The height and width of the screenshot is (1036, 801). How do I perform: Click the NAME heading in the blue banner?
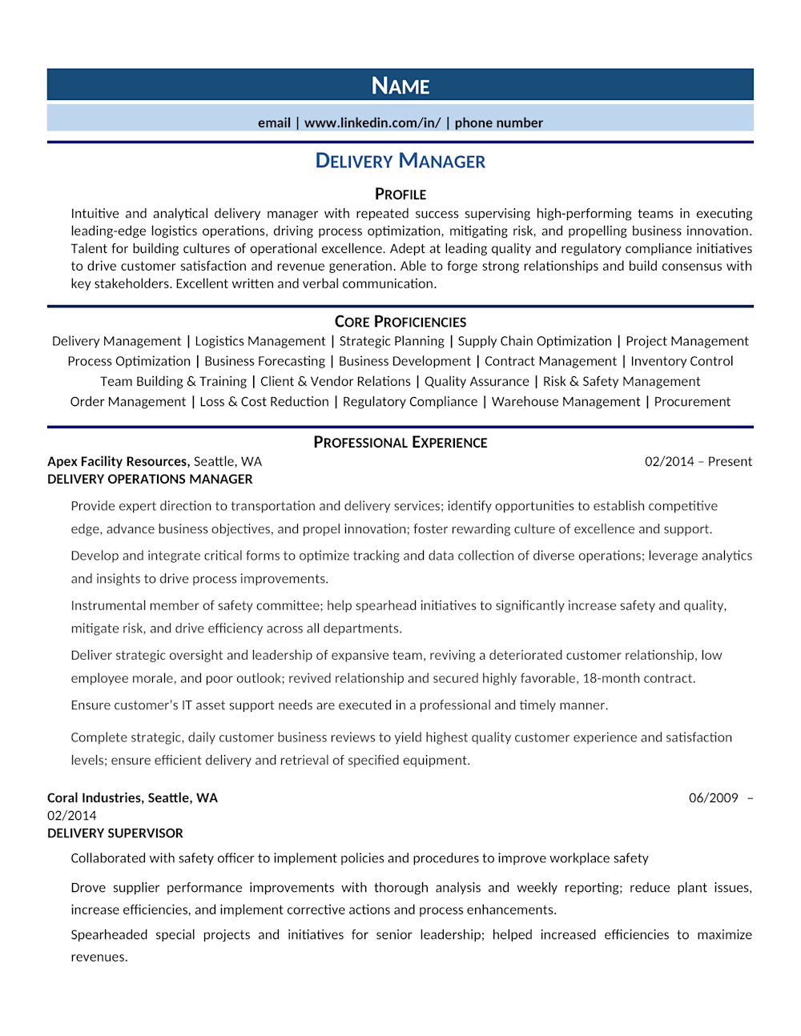point(400,86)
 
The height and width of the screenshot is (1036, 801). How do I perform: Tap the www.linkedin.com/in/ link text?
point(372,122)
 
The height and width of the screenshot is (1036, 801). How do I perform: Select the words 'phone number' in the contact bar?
point(498,122)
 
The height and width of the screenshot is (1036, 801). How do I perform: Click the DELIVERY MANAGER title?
point(400,161)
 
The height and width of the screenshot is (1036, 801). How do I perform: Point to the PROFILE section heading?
point(400,195)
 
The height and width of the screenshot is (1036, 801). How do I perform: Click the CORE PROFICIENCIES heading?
point(400,322)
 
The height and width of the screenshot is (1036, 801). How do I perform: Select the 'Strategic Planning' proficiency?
point(392,341)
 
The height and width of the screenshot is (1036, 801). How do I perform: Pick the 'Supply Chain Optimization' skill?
point(534,341)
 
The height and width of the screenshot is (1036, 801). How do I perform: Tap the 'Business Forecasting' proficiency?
point(265,361)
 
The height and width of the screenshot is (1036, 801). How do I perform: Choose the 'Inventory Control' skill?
point(682,361)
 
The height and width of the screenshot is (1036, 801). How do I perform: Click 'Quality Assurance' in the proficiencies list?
point(477,382)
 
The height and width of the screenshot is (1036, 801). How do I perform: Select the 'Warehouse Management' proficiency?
point(566,402)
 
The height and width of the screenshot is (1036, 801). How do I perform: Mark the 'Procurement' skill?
point(692,402)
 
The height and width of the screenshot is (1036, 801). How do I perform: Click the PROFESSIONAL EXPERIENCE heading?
point(400,443)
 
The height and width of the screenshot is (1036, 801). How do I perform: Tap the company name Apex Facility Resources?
point(118,461)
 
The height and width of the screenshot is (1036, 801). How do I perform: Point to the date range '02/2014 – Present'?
point(698,461)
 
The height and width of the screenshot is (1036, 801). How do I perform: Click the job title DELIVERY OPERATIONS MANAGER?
point(150,479)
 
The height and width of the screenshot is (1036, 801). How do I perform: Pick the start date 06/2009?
point(713,797)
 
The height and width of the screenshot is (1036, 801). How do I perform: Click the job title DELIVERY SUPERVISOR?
point(115,833)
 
